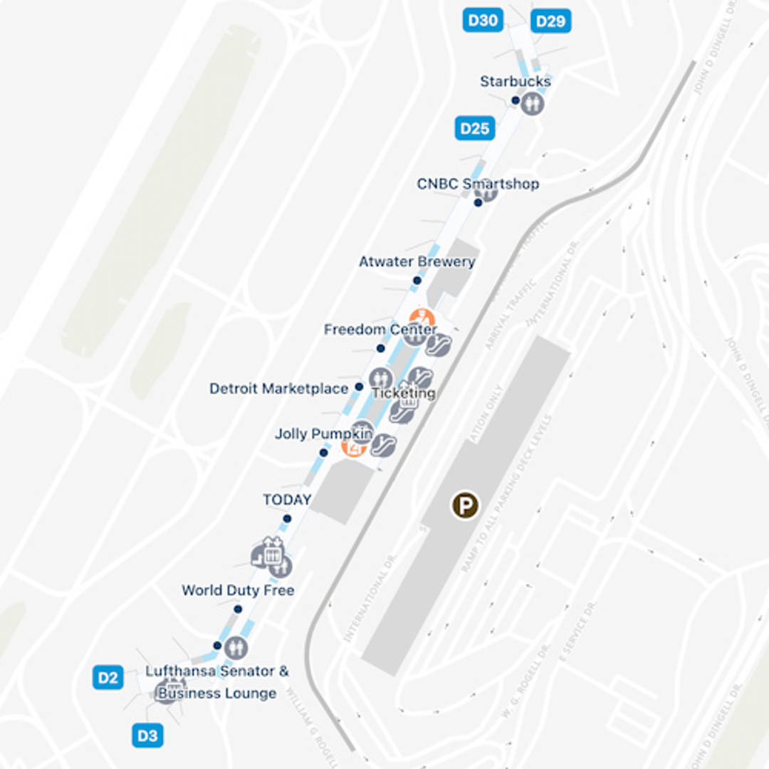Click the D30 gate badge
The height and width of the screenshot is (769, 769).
(x=483, y=20)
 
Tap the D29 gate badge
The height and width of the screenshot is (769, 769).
(x=550, y=21)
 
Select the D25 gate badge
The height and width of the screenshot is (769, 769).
(x=474, y=129)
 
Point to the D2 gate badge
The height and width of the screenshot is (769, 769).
(x=108, y=677)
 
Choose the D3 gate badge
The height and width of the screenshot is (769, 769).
(x=147, y=736)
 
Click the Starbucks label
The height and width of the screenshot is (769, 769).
(x=515, y=81)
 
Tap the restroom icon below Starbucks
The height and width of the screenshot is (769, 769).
(x=532, y=104)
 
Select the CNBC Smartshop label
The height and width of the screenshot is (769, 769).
(x=478, y=184)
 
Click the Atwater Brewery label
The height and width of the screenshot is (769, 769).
(x=417, y=262)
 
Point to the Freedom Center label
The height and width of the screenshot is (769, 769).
(x=380, y=330)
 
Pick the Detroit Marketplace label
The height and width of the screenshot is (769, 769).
(x=278, y=389)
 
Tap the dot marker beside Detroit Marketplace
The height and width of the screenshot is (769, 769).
(x=359, y=387)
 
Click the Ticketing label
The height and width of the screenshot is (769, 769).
(x=404, y=393)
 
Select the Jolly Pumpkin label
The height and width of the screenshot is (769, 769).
(x=324, y=434)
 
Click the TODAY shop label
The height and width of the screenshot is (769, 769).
(x=287, y=500)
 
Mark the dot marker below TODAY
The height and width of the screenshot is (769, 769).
(x=287, y=518)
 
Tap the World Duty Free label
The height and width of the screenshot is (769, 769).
(x=238, y=590)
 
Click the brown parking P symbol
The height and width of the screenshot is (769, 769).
(x=465, y=506)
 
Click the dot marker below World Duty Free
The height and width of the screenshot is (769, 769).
(x=238, y=609)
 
